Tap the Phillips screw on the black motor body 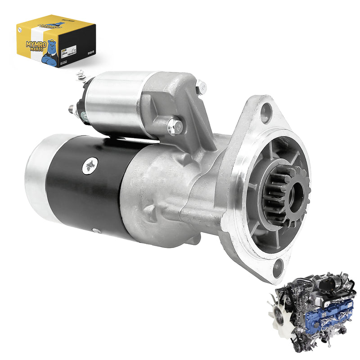click(90, 166)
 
